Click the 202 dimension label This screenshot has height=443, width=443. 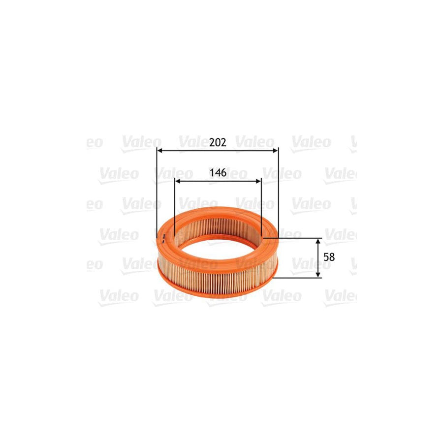[x=218, y=143]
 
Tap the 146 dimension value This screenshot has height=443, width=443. [x=218, y=173]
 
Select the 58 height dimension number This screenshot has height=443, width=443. [x=330, y=257]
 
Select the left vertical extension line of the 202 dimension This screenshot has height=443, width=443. [x=157, y=197]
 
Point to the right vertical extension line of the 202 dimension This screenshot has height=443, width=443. [x=278, y=197]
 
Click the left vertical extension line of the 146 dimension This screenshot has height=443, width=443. [x=175, y=207]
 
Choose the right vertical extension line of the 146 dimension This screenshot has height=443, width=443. [x=261, y=207]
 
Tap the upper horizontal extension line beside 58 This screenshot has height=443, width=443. [x=295, y=238]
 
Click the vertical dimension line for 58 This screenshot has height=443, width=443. [x=318, y=258]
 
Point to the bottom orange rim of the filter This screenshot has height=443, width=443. [x=217, y=291]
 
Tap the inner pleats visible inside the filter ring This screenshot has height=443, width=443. [x=217, y=224]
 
